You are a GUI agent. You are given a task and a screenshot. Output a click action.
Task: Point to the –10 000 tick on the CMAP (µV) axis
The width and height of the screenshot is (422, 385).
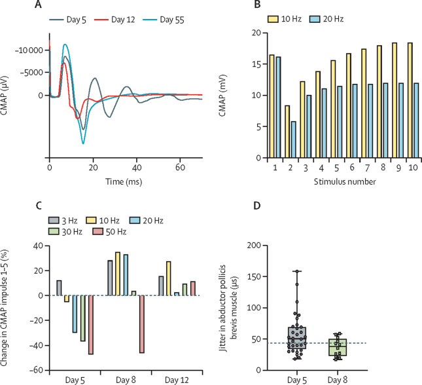[x=27, y=50]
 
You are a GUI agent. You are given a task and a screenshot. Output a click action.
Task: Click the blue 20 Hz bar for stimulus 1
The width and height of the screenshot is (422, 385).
[x=260, y=107]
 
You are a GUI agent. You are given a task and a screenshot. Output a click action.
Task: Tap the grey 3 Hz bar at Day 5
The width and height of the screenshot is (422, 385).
[x=59, y=288]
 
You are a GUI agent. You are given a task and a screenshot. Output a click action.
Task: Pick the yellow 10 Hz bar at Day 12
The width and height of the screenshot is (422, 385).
[x=169, y=278]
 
